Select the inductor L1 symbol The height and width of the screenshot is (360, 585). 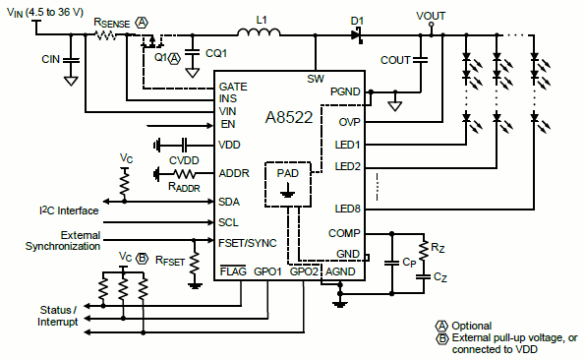click(262, 34)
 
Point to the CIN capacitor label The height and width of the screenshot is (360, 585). click(50, 59)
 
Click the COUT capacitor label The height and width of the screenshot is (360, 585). click(395, 60)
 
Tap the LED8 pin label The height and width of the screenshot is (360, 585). click(347, 209)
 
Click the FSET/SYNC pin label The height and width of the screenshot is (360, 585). click(250, 242)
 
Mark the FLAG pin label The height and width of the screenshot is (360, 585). click(233, 270)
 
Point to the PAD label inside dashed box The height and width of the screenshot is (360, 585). click(287, 173)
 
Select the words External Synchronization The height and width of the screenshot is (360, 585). click(66, 241)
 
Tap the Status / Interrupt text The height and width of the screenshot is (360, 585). click(58, 316)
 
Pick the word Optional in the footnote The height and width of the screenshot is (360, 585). click(471, 326)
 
